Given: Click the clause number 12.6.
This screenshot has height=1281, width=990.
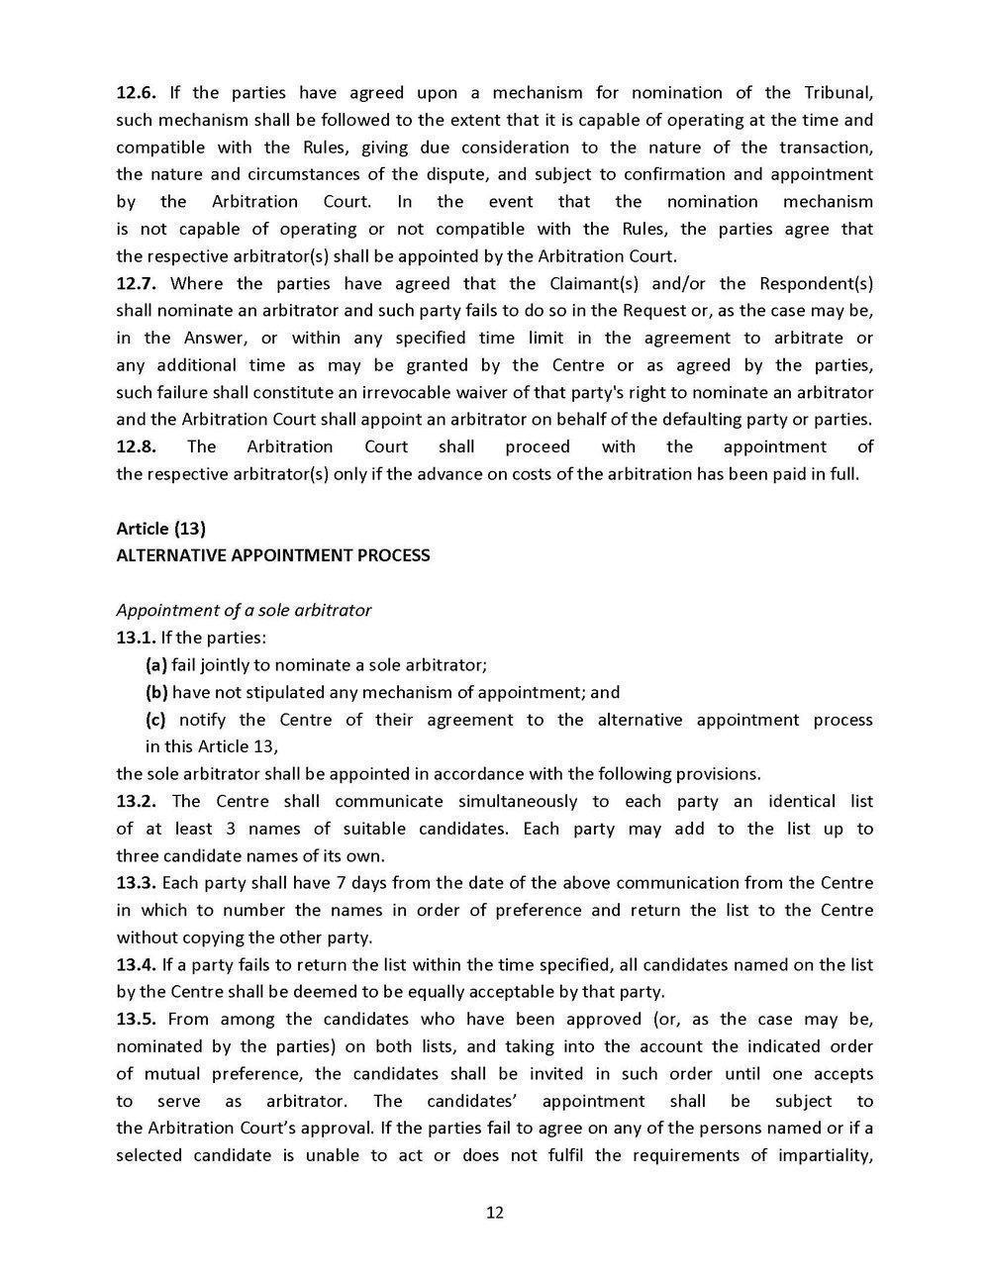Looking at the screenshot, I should (136, 93).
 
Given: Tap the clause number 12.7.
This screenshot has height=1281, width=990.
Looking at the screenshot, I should (136, 283).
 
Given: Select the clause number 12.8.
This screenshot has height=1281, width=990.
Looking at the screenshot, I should (136, 446).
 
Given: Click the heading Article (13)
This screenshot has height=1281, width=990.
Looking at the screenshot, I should (161, 529).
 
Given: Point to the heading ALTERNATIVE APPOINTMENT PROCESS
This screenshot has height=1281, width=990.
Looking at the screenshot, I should (273, 555).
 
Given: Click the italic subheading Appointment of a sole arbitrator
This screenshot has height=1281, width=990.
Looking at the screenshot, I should (244, 610).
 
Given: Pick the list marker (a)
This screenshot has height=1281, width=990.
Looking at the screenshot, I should (156, 664).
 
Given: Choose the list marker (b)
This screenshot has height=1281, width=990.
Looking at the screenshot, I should (156, 692).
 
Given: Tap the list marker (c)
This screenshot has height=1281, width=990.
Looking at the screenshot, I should (156, 720).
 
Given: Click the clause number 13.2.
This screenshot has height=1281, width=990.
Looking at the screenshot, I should (136, 801).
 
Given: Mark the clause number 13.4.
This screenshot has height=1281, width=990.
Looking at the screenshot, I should (136, 964).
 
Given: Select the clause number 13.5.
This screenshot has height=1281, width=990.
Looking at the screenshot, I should (136, 1019).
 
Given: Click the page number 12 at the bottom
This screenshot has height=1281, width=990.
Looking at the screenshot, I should (495, 1213).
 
